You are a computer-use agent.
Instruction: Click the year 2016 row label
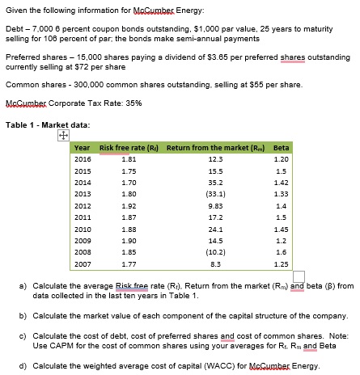coord(82,159)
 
